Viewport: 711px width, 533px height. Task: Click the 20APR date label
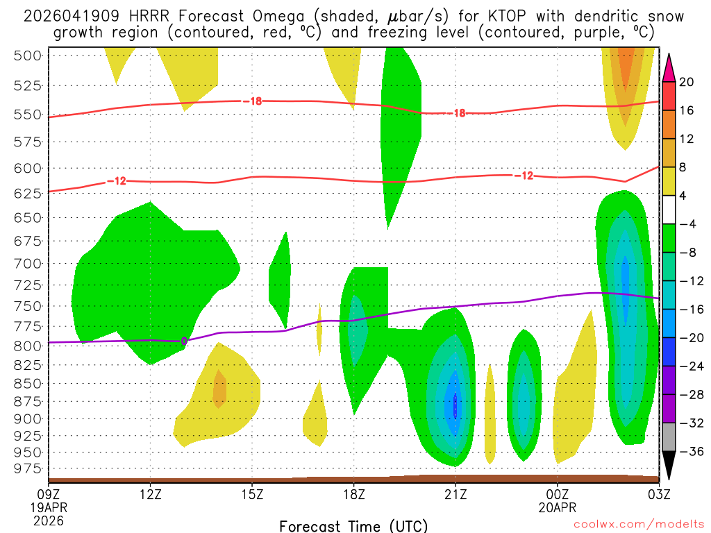click(558, 507)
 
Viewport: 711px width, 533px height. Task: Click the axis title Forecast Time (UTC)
click(353, 525)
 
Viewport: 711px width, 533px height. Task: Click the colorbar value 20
click(687, 82)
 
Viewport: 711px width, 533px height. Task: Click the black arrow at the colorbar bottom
click(669, 466)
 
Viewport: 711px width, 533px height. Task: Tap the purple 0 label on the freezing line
click(183, 341)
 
